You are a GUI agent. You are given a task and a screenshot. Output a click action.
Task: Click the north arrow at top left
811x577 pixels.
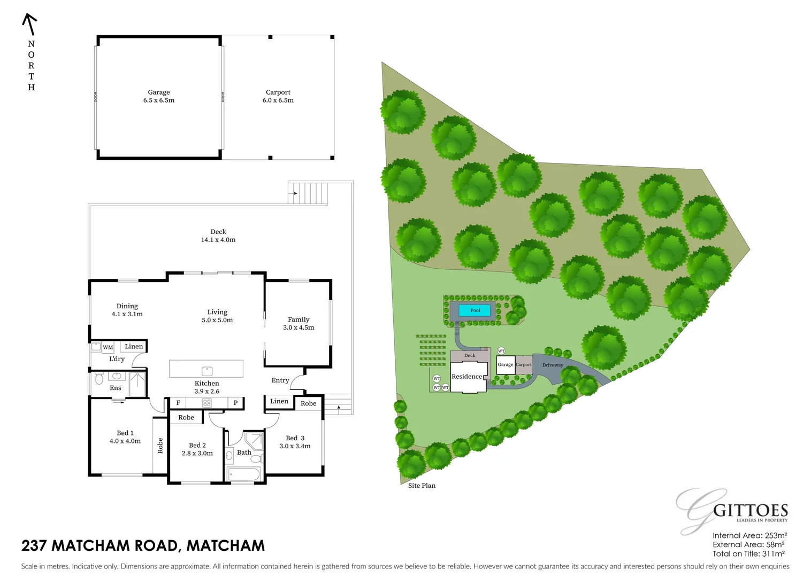pyautogui.click(x=29, y=24)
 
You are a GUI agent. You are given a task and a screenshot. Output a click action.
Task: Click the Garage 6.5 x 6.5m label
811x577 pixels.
pyautogui.click(x=159, y=96)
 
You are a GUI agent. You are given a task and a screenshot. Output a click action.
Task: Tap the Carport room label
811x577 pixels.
pyautogui.click(x=278, y=96)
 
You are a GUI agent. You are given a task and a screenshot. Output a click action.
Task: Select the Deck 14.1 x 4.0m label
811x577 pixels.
pyautogui.click(x=218, y=236)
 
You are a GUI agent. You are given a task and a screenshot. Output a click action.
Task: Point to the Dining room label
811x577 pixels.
pyautogui.click(x=127, y=310)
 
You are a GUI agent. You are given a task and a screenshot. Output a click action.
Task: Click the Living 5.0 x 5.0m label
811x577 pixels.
pyautogui.click(x=217, y=316)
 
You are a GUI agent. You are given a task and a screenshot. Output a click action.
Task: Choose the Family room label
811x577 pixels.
pyautogui.click(x=299, y=323)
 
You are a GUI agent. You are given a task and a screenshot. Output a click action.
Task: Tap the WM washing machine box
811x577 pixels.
pyautogui.click(x=108, y=347)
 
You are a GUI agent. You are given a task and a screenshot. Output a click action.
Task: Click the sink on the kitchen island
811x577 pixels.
pyautogui.click(x=206, y=370)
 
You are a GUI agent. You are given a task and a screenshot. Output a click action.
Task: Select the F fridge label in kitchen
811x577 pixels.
pyautogui.click(x=178, y=403)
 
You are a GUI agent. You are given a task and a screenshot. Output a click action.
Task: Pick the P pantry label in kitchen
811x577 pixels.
pyautogui.click(x=235, y=403)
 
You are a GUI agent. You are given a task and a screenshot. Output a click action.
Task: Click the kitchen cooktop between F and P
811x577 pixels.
pyautogui.click(x=207, y=403)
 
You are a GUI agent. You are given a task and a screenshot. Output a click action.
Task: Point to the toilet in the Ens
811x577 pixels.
pyautogui.click(x=99, y=379)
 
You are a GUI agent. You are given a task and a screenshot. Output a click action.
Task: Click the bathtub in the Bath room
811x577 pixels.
pyautogui.click(x=243, y=474)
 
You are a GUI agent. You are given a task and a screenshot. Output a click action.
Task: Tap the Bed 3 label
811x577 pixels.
pyautogui.click(x=295, y=442)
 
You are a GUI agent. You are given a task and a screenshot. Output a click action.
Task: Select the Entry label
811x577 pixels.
pyautogui.click(x=280, y=380)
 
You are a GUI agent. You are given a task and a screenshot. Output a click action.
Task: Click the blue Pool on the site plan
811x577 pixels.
pyautogui.click(x=475, y=310)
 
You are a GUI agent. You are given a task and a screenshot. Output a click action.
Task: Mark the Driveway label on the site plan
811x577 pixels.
pyautogui.click(x=553, y=365)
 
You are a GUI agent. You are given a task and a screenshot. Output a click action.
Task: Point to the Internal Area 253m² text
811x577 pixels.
pyautogui.click(x=749, y=535)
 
